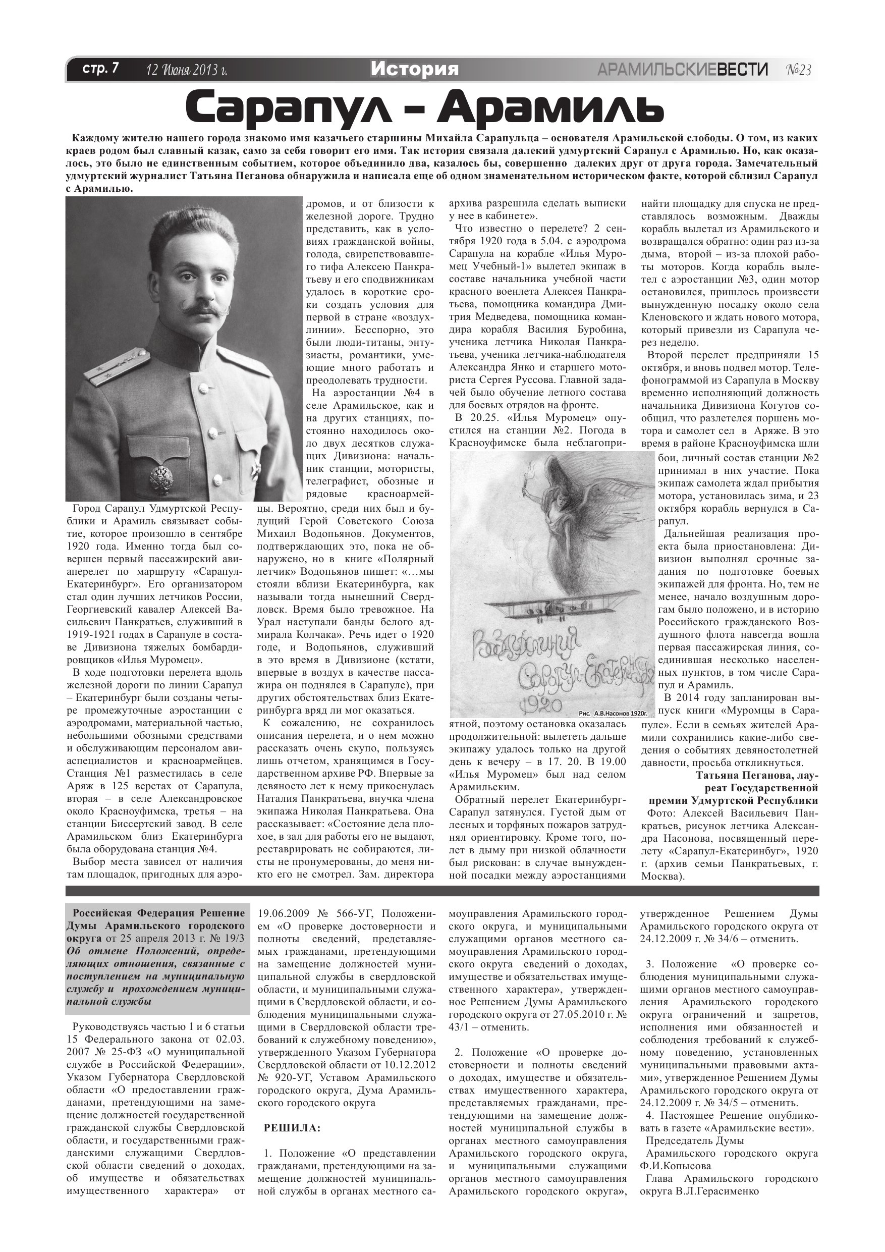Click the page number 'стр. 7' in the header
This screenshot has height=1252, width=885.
pyautogui.click(x=100, y=69)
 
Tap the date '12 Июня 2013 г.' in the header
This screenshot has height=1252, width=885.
pyautogui.click(x=187, y=70)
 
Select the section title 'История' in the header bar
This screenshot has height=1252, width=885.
pyautogui.click(x=414, y=69)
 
